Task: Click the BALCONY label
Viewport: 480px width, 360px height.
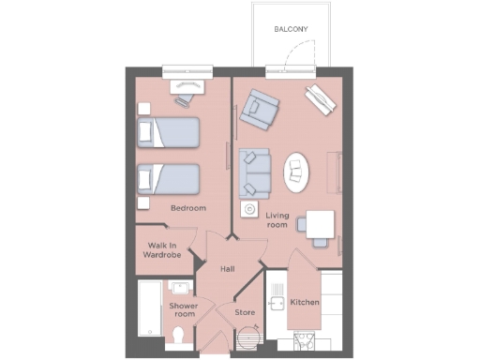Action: [291, 30]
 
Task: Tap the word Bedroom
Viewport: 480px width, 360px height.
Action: [187, 207]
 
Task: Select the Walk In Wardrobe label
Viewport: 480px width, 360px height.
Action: [162, 249]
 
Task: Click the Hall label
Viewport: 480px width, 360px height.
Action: [227, 269]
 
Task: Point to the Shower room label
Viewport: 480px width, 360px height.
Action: [182, 310]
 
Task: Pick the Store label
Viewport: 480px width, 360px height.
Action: [245, 312]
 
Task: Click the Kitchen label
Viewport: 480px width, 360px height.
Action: [305, 303]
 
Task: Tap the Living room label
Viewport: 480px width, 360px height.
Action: [277, 220]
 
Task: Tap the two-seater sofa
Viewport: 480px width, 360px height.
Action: [254, 172]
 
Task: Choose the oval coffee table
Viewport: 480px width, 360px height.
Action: [298, 170]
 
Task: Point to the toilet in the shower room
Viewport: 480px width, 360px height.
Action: [181, 335]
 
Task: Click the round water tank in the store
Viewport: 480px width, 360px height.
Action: [248, 334]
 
